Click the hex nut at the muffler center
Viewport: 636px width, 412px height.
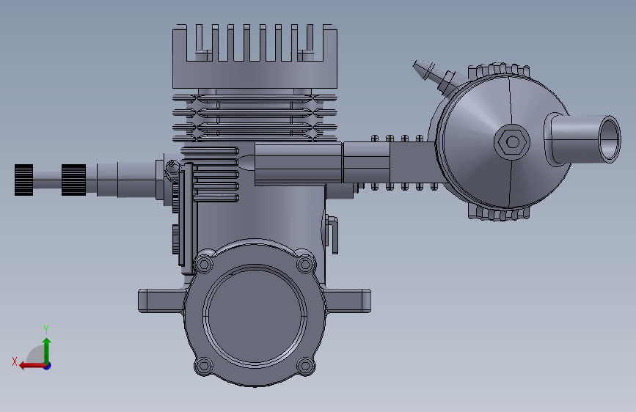point(512,142)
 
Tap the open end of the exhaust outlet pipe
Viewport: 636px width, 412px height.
point(610,139)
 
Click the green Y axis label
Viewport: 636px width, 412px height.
point(46,329)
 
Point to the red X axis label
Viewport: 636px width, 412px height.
point(15,361)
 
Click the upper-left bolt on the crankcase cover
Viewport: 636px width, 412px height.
point(204,265)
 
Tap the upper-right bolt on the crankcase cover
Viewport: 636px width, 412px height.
point(305,265)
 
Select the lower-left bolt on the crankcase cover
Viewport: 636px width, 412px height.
point(204,366)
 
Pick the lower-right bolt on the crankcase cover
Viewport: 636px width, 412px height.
point(305,366)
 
